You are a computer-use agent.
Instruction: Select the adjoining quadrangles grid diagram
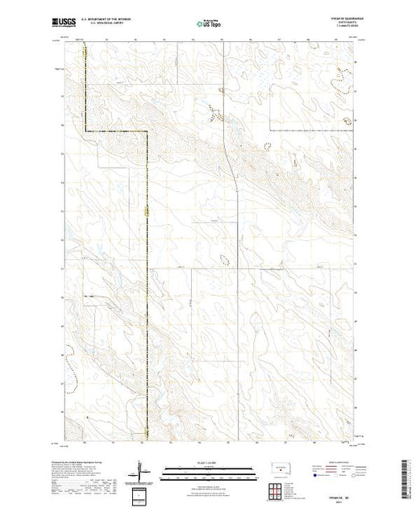278,487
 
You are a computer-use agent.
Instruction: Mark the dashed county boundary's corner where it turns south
148,131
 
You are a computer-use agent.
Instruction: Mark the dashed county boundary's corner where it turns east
86,131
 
